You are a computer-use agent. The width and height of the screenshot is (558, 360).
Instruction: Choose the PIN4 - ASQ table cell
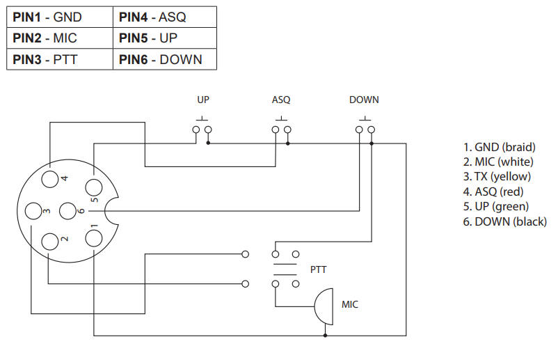[164, 16]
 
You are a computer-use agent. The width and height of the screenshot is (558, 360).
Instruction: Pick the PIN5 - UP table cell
[164, 38]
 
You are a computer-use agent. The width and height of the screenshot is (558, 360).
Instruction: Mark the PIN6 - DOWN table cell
[164, 59]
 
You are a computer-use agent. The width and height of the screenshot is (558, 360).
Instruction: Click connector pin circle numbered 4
[50, 179]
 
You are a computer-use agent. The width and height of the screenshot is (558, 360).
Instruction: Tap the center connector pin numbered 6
[67, 210]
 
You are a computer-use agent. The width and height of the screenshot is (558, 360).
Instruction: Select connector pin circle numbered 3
[33, 210]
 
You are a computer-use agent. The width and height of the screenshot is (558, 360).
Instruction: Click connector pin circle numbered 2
[50, 241]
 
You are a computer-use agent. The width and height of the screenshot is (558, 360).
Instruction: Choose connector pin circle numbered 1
[93, 238]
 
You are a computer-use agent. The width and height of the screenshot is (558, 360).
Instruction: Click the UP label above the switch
[203, 100]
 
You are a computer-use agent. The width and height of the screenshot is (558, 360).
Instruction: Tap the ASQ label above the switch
[281, 100]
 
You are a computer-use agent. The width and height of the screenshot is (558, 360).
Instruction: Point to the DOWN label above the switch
[364, 100]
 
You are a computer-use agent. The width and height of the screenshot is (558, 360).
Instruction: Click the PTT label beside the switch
[317, 269]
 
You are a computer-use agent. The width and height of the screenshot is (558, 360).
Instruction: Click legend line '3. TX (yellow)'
[497, 177]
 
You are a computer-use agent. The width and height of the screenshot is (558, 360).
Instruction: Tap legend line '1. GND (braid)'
[499, 147]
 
